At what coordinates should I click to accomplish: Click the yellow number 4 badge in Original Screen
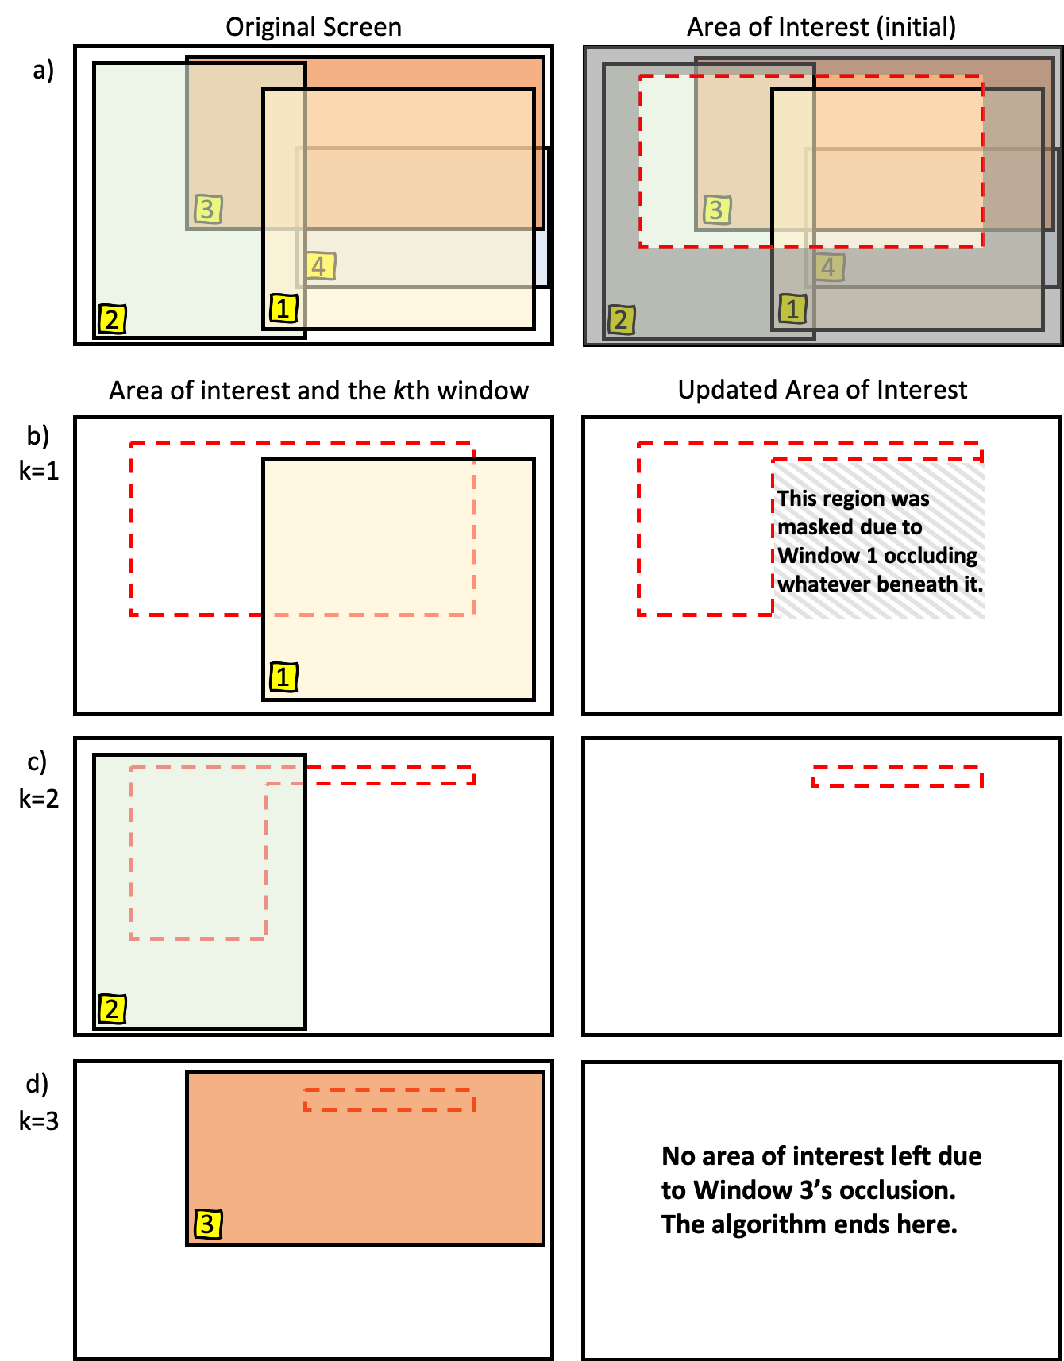(321, 266)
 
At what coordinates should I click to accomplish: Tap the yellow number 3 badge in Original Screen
(208, 209)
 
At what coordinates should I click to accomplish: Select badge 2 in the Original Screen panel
(112, 319)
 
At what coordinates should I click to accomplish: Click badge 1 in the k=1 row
(283, 677)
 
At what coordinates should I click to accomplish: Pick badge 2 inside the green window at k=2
(112, 1009)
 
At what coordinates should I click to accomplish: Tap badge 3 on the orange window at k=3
(208, 1224)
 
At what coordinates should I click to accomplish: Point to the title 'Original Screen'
(314, 27)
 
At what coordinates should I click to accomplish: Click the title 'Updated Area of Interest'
(823, 390)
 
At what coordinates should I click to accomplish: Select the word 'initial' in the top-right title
(916, 27)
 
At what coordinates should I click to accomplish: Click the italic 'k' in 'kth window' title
(399, 391)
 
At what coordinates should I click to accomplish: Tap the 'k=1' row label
(39, 471)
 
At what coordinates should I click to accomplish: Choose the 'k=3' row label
(39, 1121)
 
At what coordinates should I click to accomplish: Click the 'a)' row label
(43, 71)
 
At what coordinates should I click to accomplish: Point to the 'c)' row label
(37, 762)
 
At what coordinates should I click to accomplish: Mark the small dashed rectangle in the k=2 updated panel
(897, 766)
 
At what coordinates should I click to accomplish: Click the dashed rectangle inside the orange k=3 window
(389, 1089)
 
